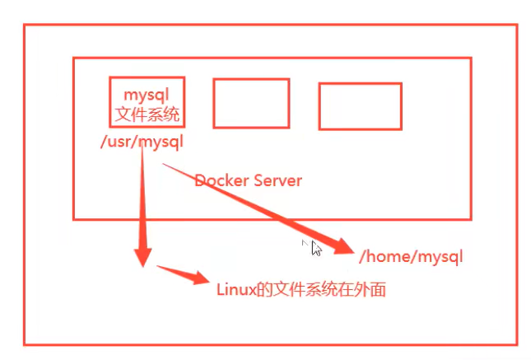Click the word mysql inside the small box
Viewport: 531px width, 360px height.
point(147,96)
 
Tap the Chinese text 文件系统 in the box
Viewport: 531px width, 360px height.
point(147,115)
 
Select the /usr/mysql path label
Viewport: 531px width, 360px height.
point(142,142)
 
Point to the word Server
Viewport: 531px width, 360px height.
point(277,180)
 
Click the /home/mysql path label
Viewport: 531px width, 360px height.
point(411,256)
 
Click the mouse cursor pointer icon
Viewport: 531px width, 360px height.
point(316,249)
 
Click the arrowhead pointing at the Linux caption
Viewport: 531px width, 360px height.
point(199,278)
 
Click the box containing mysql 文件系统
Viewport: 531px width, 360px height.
point(147,77)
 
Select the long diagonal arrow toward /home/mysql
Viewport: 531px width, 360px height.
point(259,208)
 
